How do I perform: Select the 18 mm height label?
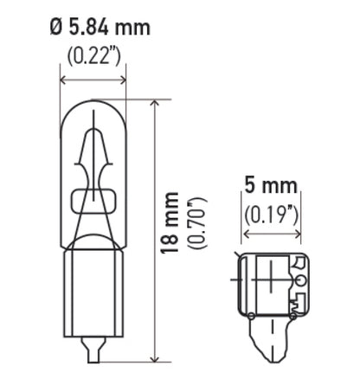(170, 223)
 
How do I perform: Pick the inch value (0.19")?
(271, 212)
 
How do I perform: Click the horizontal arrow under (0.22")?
(93, 80)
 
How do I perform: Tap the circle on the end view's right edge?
(299, 279)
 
